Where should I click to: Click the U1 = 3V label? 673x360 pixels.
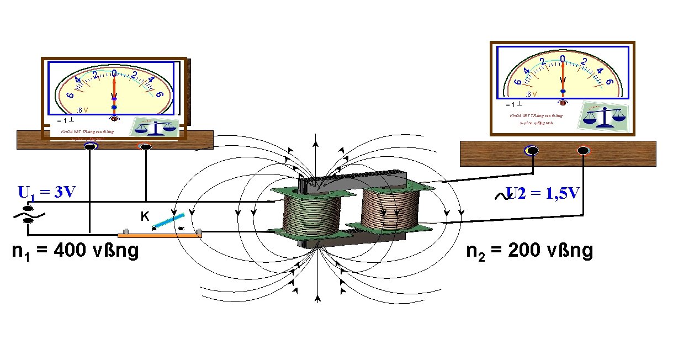pyautogui.click(x=46, y=193)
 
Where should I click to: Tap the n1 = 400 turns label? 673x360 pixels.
pyautogui.click(x=75, y=251)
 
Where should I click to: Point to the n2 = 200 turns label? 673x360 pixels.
pyautogui.click(x=529, y=251)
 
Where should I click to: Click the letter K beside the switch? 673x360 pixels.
pyautogui.click(x=144, y=217)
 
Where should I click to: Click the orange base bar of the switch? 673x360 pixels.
pyautogui.click(x=160, y=235)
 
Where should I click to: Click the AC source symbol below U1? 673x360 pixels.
pyautogui.click(x=28, y=215)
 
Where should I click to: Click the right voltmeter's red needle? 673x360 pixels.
pyautogui.click(x=563, y=75)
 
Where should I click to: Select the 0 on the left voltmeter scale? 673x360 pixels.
pyautogui.click(x=114, y=73)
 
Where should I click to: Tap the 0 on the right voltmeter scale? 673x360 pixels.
pyautogui.click(x=563, y=59)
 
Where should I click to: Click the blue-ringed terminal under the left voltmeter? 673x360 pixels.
pyautogui.click(x=90, y=147)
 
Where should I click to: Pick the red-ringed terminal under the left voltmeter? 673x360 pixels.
pyautogui.click(x=146, y=147)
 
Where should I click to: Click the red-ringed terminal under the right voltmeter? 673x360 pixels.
pyautogui.click(x=584, y=150)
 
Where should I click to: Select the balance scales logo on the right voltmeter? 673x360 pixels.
pyautogui.click(x=604, y=118)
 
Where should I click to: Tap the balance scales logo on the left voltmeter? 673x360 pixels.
pyautogui.click(x=155, y=127)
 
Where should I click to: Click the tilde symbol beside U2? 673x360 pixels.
pyautogui.click(x=502, y=194)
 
